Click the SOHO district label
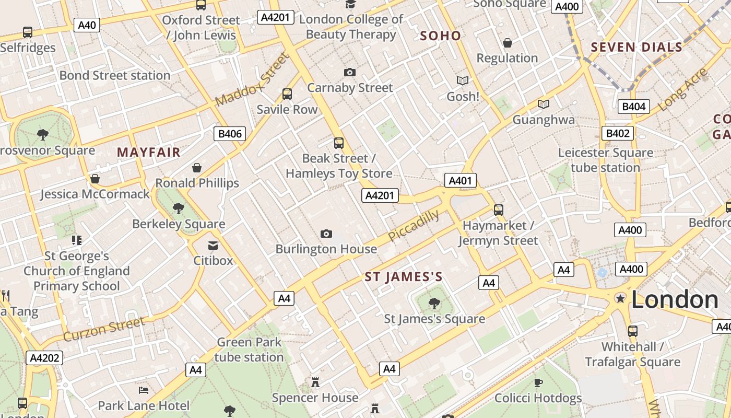pyautogui.click(x=440, y=36)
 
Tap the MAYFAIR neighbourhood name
pyautogui.click(x=148, y=153)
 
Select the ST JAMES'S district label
pyautogui.click(x=403, y=277)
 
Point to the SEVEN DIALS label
pyautogui.click(x=636, y=48)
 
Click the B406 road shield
pyautogui.click(x=230, y=134)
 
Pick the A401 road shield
pyautogui.click(x=460, y=181)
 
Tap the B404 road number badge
pyautogui.click(x=634, y=107)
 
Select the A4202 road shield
pyautogui.click(x=44, y=358)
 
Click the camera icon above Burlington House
pyautogui.click(x=326, y=234)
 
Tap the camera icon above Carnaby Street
pyautogui.click(x=350, y=72)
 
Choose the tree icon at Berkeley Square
pyautogui.click(x=179, y=208)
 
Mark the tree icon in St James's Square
pyautogui.click(x=434, y=303)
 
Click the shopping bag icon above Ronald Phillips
pyautogui.click(x=197, y=168)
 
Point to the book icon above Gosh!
pyautogui.click(x=462, y=80)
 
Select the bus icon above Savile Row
pyautogui.click(x=287, y=94)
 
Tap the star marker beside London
pyautogui.click(x=620, y=298)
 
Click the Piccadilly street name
pyautogui.click(x=413, y=226)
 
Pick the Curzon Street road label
pyautogui.click(x=104, y=329)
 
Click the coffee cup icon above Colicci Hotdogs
pyautogui.click(x=538, y=383)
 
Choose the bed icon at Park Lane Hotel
pyautogui.click(x=144, y=390)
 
